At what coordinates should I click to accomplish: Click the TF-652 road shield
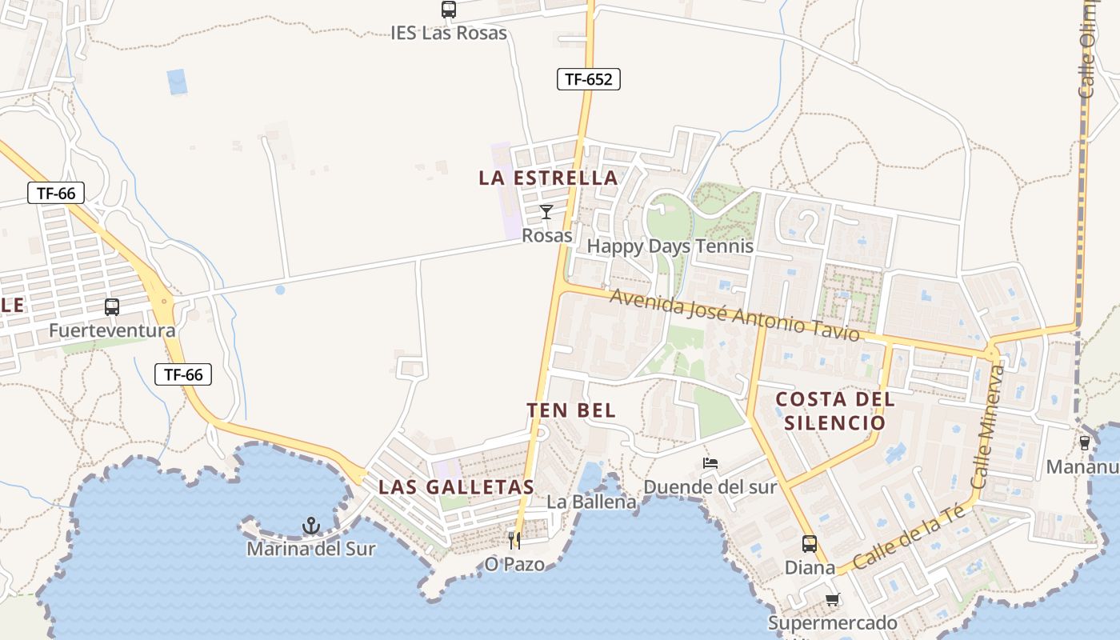pos(588,79)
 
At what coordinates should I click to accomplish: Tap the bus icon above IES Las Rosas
pos(449,10)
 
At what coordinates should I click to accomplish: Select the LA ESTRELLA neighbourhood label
pos(548,178)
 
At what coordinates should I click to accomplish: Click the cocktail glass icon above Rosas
pos(546,212)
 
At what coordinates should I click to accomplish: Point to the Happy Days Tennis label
pos(670,246)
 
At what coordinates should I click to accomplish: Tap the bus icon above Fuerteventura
pos(112,306)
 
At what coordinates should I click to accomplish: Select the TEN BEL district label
pos(571,410)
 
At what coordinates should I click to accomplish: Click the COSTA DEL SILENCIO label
pos(835,410)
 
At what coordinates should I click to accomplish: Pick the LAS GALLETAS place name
pos(456,486)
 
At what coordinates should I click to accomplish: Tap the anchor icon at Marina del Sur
pos(311,526)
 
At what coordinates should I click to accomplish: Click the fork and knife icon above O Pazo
pos(514,541)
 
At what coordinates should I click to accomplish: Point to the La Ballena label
pos(592,502)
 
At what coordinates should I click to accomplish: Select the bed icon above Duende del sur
pos(710,462)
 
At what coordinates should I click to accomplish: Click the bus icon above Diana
pos(810,544)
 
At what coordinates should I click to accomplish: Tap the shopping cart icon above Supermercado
pos(833,599)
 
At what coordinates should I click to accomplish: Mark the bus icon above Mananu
pos(1085,442)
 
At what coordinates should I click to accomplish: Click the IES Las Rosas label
pos(449,33)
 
